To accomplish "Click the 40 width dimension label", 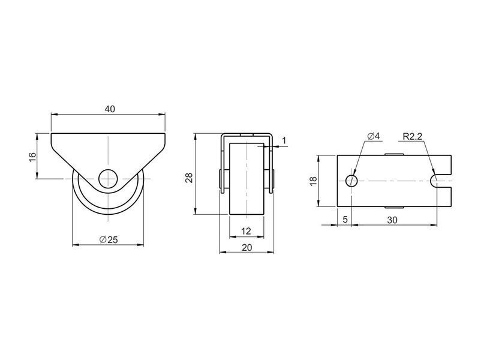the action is click(x=110, y=109).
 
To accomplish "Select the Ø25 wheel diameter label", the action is click(x=109, y=239).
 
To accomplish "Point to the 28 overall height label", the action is click(x=189, y=178).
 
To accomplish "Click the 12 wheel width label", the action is click(x=246, y=231).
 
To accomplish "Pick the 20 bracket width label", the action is click(x=246, y=247).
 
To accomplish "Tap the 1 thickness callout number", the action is click(x=284, y=140).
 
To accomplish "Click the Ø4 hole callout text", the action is click(x=373, y=136).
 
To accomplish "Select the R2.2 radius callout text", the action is click(x=412, y=136).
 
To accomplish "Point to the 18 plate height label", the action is click(x=313, y=181).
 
